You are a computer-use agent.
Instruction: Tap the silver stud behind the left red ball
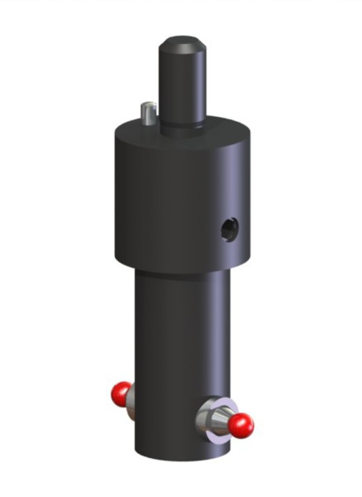click(131, 401)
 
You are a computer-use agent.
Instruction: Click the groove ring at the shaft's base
click(182, 127)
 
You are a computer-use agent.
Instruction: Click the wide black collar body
click(167, 202)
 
